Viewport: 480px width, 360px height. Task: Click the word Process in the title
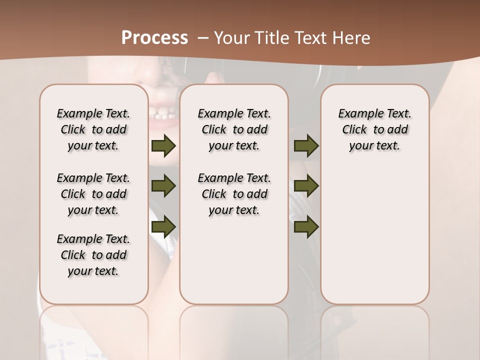(x=154, y=38)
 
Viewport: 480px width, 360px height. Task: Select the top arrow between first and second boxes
(x=163, y=146)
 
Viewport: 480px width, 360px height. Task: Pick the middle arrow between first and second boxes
(x=163, y=186)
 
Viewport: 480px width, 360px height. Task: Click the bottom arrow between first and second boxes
(x=163, y=227)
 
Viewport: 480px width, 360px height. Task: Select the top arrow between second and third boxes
(x=306, y=146)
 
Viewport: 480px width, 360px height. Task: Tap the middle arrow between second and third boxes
(x=306, y=186)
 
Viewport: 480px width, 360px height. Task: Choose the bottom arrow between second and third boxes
(x=306, y=227)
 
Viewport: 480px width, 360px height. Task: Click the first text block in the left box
(x=93, y=129)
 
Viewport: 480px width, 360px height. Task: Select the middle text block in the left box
(x=93, y=194)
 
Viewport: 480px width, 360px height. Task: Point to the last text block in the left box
(x=93, y=255)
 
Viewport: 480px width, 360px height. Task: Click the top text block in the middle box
(x=234, y=129)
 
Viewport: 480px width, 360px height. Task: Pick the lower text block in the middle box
(x=234, y=194)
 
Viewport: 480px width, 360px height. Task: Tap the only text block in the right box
(x=374, y=129)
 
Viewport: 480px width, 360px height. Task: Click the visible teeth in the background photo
(x=162, y=116)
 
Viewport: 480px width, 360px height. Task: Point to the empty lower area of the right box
(x=374, y=240)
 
